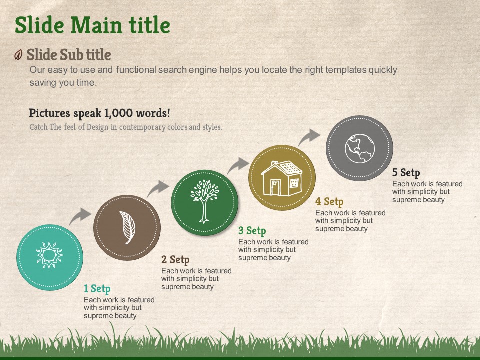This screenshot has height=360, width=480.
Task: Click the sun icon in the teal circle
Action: coord(49,255)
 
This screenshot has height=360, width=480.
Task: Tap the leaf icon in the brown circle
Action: coord(127,228)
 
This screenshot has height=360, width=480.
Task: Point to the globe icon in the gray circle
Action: coord(360,148)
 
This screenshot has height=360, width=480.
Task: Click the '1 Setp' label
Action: coord(97,289)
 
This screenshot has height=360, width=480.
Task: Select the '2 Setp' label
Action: coord(175,260)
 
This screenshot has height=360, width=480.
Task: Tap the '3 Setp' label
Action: coord(252,231)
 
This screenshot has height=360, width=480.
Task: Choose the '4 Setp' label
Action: coord(329,202)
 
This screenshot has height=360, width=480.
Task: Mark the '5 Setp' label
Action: coord(406,173)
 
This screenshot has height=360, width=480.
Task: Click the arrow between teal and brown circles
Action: coord(79,216)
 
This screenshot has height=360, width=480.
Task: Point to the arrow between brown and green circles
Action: coord(157,188)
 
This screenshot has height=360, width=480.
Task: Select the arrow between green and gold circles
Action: coord(237,165)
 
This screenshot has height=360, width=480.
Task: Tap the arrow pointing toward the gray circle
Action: coord(308,137)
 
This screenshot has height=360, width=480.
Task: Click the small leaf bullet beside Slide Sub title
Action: coord(18,55)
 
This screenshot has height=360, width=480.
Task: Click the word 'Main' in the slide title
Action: coord(96,25)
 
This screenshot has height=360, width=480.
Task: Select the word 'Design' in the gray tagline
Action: coord(97,127)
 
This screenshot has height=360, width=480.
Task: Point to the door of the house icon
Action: coord(275,187)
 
